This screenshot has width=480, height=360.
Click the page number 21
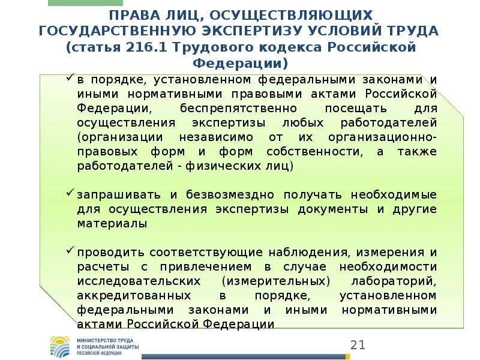pos(358,345)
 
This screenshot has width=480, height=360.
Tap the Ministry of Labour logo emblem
pos(60,347)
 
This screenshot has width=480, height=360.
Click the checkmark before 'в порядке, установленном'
pos(70,77)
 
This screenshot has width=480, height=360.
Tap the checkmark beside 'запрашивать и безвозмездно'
pos(70,192)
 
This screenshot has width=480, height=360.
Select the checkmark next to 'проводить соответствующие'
pos(70,250)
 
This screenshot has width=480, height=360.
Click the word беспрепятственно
pos(238,109)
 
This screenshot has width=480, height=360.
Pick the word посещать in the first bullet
pos(356,109)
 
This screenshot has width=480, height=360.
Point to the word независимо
pos(216,137)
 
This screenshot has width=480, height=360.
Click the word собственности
pos(314,152)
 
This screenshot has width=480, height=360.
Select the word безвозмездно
pos(230,194)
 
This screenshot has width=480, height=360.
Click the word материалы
pos(112,223)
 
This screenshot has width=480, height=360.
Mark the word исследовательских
pos(139,281)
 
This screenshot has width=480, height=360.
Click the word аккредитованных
pos(134,296)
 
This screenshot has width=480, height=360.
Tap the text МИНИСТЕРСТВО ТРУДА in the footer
pos(105,340)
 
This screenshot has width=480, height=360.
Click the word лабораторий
pos(394,281)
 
